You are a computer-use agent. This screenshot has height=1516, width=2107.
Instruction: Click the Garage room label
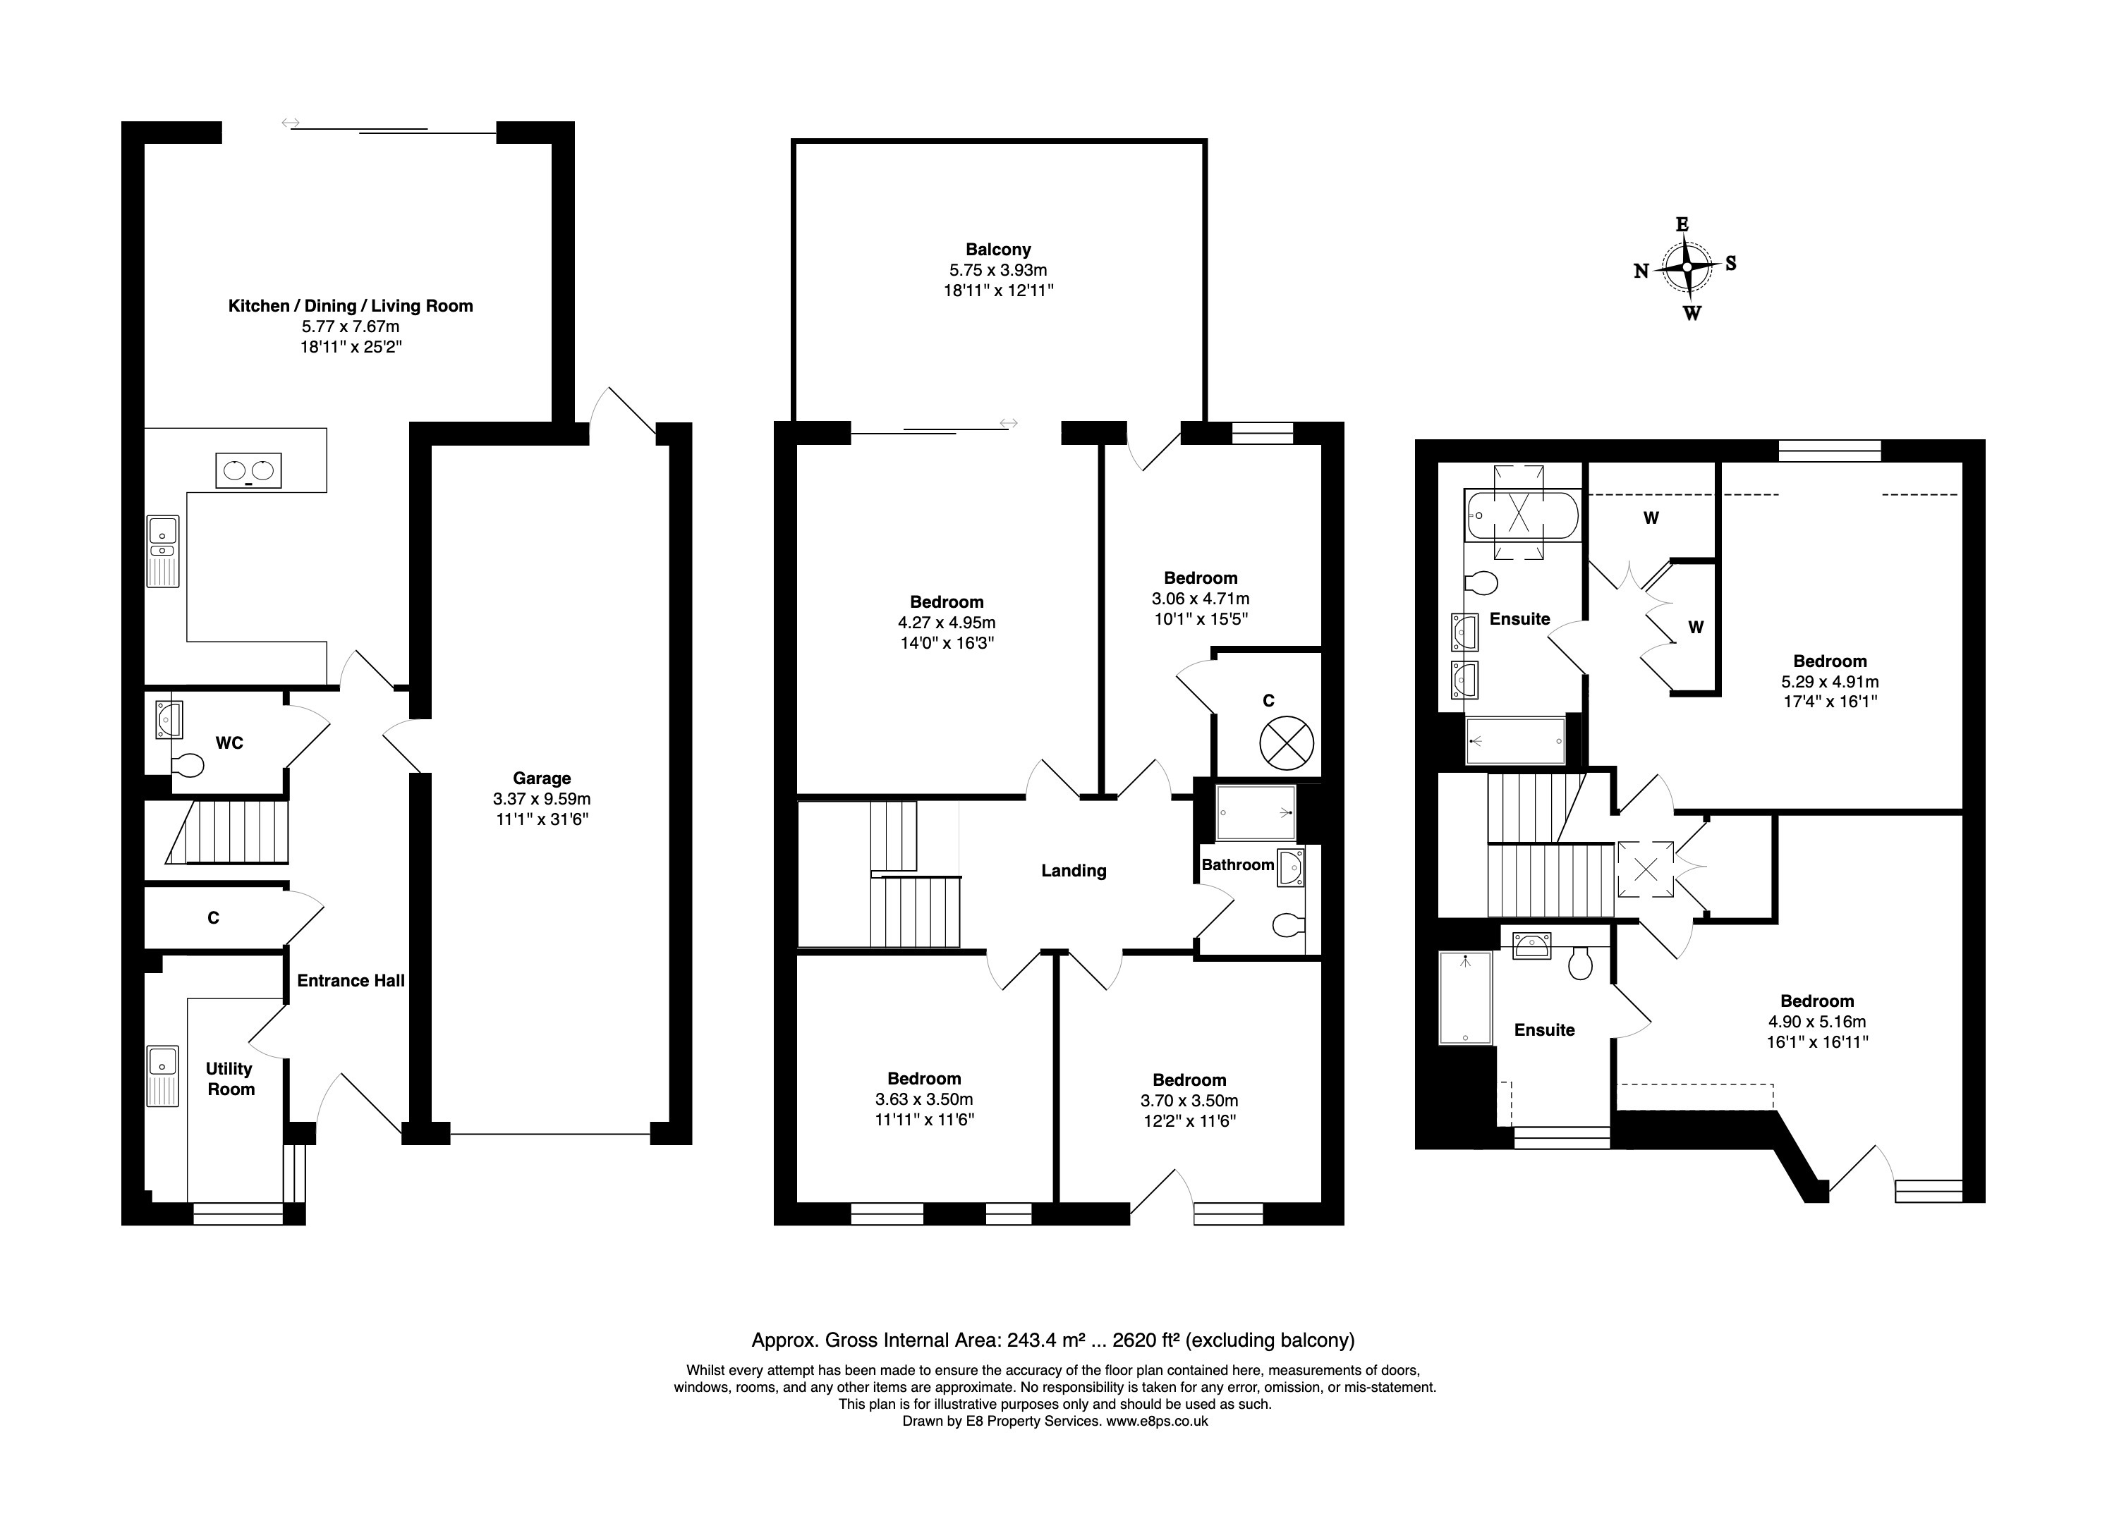point(542,778)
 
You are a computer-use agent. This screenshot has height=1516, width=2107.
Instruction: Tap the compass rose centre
point(1686,267)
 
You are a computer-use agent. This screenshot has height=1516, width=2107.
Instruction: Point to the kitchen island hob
point(249,471)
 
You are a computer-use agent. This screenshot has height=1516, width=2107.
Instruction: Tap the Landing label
point(1074,870)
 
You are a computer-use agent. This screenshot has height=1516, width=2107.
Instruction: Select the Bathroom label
point(1237,865)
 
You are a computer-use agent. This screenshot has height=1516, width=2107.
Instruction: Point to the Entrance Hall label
point(351,980)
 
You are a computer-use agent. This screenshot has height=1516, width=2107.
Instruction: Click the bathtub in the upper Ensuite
point(1521,515)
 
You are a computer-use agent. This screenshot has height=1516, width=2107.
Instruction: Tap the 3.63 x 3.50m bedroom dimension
point(924,1099)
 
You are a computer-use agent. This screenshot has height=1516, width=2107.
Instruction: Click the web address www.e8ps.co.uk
point(1157,1420)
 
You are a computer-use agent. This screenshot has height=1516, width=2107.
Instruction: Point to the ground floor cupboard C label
point(213,918)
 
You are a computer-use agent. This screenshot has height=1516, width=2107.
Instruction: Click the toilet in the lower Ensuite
point(1580,962)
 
